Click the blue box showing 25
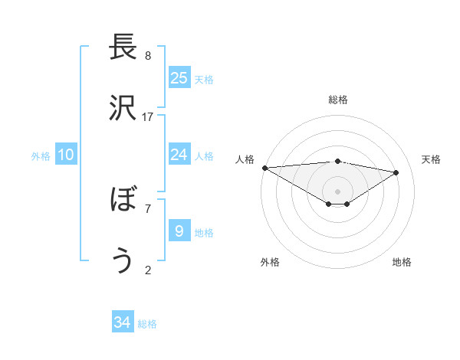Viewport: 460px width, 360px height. click(x=179, y=77)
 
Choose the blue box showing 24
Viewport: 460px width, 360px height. click(x=179, y=155)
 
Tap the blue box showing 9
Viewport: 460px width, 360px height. click(x=179, y=231)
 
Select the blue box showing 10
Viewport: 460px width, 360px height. click(x=66, y=155)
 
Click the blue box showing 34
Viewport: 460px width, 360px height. click(x=122, y=322)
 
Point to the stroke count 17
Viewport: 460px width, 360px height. click(x=148, y=116)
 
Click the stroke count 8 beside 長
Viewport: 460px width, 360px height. click(x=148, y=56)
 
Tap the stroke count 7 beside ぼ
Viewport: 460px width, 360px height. click(x=148, y=208)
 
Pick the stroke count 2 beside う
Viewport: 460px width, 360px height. click(x=148, y=269)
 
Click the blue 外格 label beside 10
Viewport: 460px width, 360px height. click(x=41, y=156)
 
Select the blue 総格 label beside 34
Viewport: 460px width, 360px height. click(x=148, y=324)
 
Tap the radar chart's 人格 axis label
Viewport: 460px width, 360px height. click(x=245, y=159)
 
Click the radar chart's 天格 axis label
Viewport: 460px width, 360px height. click(x=431, y=159)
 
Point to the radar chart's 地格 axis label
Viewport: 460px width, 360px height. click(x=402, y=262)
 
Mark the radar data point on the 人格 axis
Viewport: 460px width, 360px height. click(x=264, y=167)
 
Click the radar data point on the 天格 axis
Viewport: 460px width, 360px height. click(x=396, y=172)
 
